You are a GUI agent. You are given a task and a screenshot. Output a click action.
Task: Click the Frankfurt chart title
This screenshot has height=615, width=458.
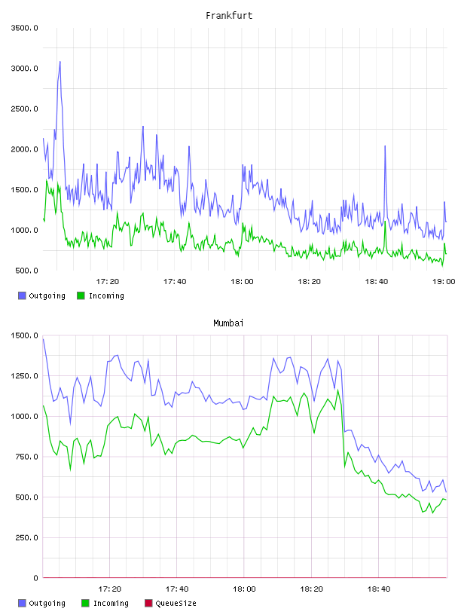click(x=229, y=15)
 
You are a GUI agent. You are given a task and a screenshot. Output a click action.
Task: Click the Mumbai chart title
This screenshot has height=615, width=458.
click(x=228, y=323)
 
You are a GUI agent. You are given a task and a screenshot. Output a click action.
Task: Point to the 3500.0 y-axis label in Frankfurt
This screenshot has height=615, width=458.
click(x=24, y=28)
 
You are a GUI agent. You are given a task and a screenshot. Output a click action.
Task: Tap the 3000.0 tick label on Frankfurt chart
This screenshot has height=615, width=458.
click(x=24, y=69)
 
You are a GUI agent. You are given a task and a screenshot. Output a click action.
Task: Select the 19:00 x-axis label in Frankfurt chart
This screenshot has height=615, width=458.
click(x=444, y=281)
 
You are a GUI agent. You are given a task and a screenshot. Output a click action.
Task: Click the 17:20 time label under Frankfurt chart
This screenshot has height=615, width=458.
click(x=108, y=281)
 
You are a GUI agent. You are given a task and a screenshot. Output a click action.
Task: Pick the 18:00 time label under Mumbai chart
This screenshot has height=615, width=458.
click(x=244, y=589)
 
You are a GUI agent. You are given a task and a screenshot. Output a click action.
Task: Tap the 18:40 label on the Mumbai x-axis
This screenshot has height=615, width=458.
click(x=379, y=589)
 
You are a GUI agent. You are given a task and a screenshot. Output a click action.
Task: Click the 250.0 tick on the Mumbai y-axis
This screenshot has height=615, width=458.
click(x=26, y=537)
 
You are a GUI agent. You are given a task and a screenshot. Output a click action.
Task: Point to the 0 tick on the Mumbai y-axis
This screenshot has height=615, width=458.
click(x=35, y=578)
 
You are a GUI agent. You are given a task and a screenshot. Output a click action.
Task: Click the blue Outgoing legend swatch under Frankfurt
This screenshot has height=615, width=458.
click(x=22, y=295)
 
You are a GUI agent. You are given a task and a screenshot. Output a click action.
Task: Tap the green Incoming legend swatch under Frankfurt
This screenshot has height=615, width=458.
click(x=81, y=295)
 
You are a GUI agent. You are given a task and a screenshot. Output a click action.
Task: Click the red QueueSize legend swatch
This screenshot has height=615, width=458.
click(x=148, y=603)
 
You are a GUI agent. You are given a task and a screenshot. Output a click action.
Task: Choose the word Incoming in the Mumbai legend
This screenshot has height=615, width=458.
click(x=111, y=603)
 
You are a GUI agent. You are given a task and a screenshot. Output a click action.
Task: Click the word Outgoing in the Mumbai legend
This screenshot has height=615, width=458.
click(x=47, y=603)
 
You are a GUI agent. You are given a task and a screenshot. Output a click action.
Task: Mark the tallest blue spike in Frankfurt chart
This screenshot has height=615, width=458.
click(x=60, y=62)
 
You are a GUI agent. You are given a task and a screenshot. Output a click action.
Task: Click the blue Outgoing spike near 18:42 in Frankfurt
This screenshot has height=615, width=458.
click(x=385, y=146)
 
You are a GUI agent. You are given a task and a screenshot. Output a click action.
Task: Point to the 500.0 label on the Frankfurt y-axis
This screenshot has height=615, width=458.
click(x=26, y=271)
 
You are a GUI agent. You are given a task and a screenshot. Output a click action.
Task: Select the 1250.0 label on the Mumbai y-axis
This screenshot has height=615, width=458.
click(x=24, y=376)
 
